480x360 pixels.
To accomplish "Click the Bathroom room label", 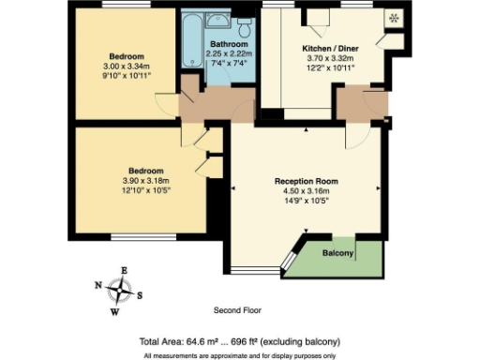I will click(229, 44).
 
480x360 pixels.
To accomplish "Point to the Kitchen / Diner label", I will click(328, 47).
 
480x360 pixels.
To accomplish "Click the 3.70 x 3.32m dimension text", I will click(328, 58).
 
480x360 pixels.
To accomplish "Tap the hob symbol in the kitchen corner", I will click(392, 19).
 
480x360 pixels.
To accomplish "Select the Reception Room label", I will click(306, 180).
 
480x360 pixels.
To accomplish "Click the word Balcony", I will click(337, 254).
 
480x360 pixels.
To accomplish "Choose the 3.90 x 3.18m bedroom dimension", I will click(141, 180).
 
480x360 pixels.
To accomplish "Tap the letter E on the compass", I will click(124, 271).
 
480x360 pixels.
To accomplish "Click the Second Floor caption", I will click(237, 310).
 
